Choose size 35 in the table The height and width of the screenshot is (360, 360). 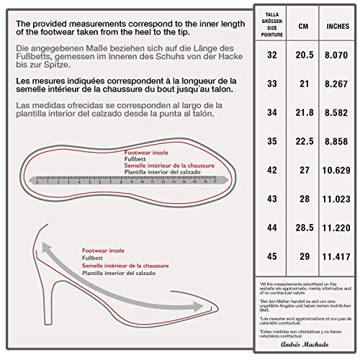click(x=272, y=141)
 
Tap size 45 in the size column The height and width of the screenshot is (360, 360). click(x=272, y=256)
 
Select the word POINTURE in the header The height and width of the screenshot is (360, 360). click(x=272, y=33)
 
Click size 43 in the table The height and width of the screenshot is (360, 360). click(x=272, y=199)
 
